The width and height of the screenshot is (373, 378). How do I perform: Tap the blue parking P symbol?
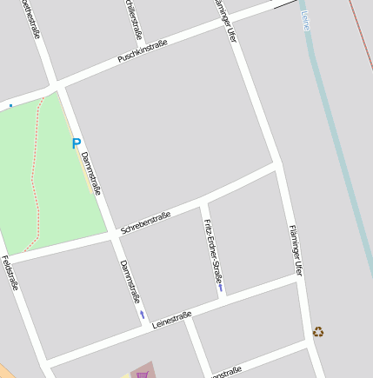pos(77,144)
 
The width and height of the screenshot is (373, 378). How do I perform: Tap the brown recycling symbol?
pos(318,331)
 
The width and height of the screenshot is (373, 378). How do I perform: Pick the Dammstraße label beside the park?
pos(91,173)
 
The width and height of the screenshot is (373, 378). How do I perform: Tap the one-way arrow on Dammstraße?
pos(143,314)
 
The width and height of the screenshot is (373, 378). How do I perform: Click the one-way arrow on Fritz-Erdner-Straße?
pos(221,288)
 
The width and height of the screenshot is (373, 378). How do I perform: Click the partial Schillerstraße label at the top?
pos(133,19)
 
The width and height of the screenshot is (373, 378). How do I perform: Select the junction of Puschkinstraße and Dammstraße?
pos(59,84)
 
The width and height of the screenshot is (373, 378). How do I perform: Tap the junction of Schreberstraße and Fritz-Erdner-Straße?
pos(201,202)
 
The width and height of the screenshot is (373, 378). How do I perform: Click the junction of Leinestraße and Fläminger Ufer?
pos(300,278)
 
